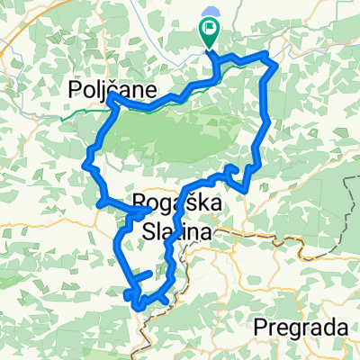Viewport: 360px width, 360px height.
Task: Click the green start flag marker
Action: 208,33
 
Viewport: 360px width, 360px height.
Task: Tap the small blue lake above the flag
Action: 211,13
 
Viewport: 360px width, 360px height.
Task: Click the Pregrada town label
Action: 301,325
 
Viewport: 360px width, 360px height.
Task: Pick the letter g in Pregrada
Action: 291,328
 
